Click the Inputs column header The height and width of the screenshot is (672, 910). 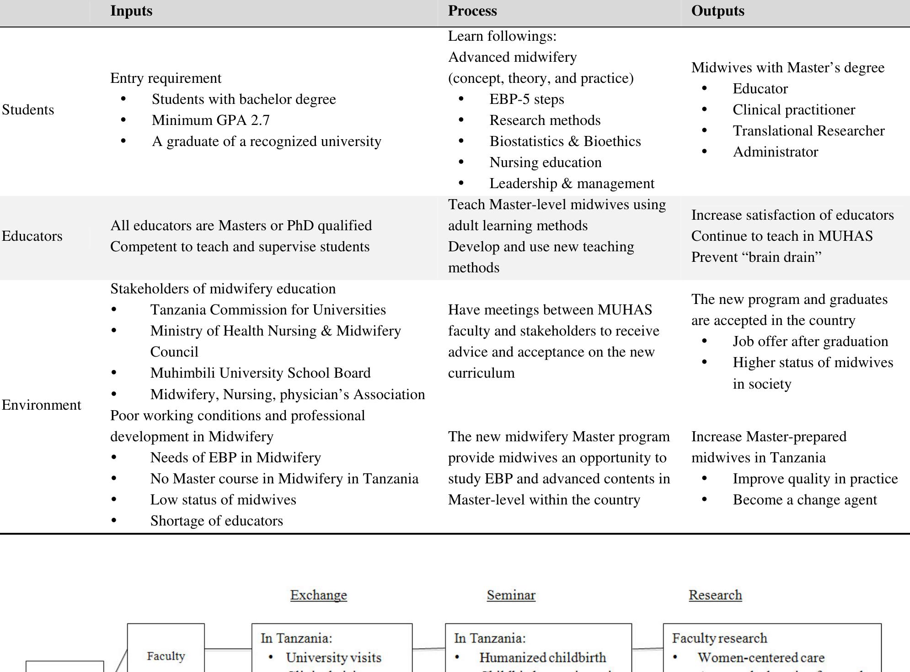pyautogui.click(x=131, y=11)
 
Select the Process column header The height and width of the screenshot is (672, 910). pyautogui.click(x=472, y=11)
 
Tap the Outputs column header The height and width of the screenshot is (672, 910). pyautogui.click(x=717, y=11)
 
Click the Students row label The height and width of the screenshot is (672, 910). pyautogui.click(x=28, y=110)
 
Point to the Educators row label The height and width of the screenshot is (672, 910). pyautogui.click(x=32, y=236)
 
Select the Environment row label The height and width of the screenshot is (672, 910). pyautogui.click(x=41, y=405)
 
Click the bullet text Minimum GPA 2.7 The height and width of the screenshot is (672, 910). pyautogui.click(x=211, y=120)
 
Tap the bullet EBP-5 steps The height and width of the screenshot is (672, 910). pyautogui.click(x=526, y=99)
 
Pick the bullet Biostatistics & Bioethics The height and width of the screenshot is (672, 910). pyautogui.click(x=565, y=141)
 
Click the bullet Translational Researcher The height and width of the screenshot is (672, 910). pyautogui.click(x=808, y=131)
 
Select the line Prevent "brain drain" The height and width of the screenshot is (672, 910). pyautogui.click(x=756, y=257)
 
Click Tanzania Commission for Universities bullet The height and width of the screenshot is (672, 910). pyautogui.click(x=268, y=310)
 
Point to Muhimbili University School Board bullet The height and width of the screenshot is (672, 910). pyautogui.click(x=260, y=373)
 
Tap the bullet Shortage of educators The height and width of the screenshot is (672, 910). pyautogui.click(x=216, y=521)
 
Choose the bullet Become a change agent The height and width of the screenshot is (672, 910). pyautogui.click(x=804, y=500)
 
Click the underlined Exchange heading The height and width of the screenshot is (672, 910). pyautogui.click(x=318, y=595)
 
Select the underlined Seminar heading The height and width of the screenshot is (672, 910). pyautogui.click(x=511, y=595)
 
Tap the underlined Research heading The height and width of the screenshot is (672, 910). pyautogui.click(x=715, y=595)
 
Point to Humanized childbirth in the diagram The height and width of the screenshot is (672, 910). pyautogui.click(x=542, y=658)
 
